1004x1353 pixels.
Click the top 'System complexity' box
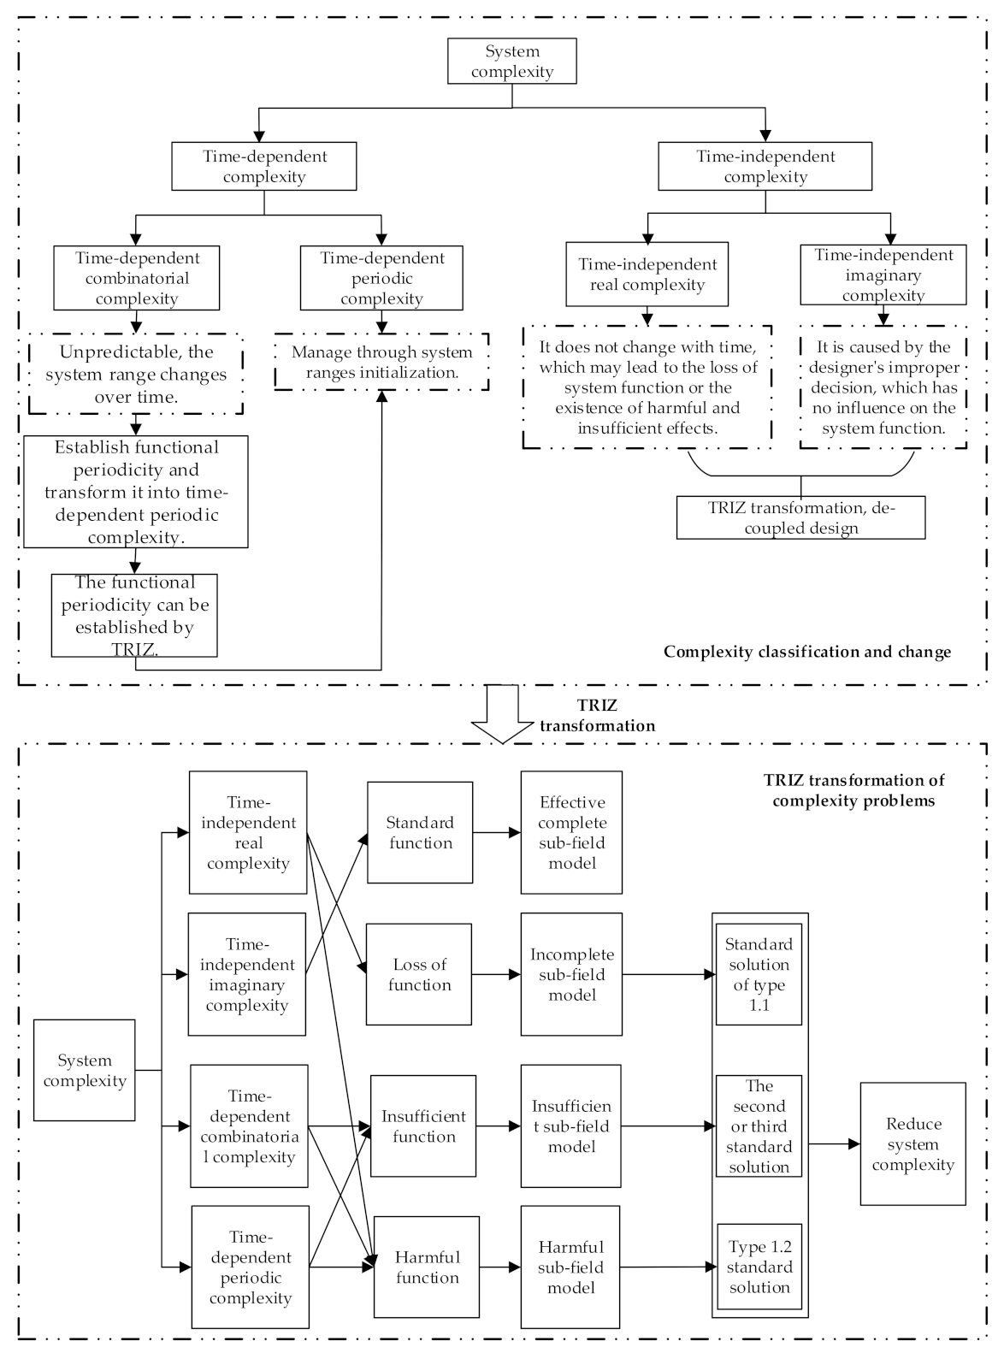click(511, 62)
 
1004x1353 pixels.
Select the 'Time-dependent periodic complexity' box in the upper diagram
click(381, 278)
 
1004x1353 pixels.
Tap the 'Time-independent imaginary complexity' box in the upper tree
click(883, 275)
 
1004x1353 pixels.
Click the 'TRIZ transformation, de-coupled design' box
click(800, 517)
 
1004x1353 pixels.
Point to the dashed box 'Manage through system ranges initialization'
click(381, 362)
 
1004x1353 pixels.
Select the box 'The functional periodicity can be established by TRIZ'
click(134, 615)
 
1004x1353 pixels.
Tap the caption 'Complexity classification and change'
click(806, 652)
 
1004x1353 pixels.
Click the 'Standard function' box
click(420, 832)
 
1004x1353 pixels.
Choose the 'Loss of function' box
click(419, 974)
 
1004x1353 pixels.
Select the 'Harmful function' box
click(427, 1267)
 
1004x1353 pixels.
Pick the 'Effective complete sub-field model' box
click(571, 832)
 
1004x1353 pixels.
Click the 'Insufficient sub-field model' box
click(571, 1126)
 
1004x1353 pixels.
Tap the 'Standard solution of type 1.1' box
click(759, 974)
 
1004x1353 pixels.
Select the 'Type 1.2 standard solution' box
click(759, 1267)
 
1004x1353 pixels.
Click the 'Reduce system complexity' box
click(912, 1143)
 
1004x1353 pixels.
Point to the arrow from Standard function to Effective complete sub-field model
click(496, 832)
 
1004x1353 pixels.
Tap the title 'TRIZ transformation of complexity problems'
click(853, 790)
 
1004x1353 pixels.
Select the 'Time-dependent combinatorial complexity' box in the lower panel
click(249, 1126)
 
